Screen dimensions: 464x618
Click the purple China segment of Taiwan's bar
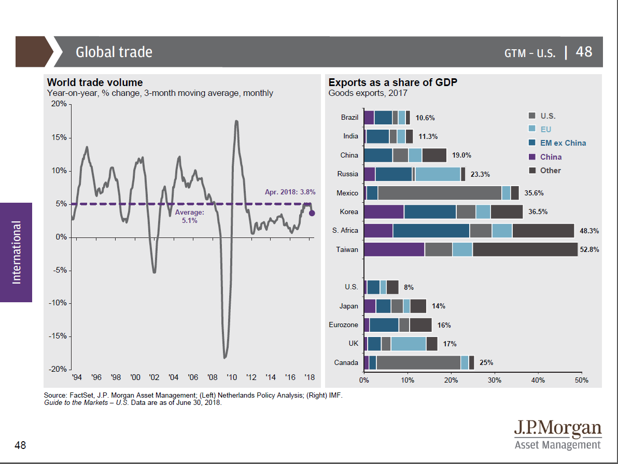tap(394, 249)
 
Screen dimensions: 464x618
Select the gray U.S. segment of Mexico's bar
tap(440, 193)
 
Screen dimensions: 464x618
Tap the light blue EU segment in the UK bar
tap(408, 344)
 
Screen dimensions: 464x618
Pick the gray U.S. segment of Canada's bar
tap(418, 362)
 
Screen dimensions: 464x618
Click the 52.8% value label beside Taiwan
tap(589, 249)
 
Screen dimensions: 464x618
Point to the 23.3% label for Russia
tap(480, 174)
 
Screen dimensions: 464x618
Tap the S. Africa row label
tap(345, 231)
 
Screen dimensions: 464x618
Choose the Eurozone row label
tap(343, 325)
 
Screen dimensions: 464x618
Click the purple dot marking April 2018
tap(312, 213)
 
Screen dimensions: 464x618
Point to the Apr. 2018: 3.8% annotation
tap(290, 192)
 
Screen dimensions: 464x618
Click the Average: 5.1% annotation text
tap(190, 217)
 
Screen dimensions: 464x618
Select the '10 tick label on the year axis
tap(231, 377)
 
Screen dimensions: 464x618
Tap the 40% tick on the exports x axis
tap(538, 380)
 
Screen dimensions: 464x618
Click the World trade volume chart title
tap(94, 82)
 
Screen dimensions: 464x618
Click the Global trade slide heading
tap(114, 52)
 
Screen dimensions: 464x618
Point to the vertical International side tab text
tap(17, 252)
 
